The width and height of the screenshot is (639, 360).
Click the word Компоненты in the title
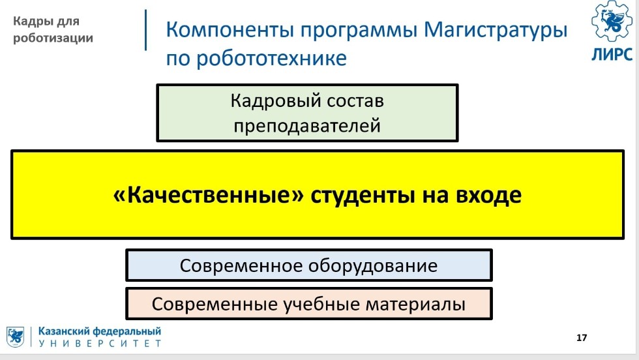tap(230, 30)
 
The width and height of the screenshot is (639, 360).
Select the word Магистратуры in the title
tap(496, 31)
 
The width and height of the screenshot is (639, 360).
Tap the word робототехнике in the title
tap(271, 58)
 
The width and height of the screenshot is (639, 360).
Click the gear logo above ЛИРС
tap(612, 20)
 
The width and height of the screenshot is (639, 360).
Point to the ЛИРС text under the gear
tap(612, 54)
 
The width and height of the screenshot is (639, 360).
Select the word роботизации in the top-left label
tap(53, 38)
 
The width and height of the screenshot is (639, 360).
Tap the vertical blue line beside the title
tap(146, 30)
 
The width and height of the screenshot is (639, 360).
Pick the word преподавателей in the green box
tap(307, 126)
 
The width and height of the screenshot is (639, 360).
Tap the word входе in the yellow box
tap(488, 196)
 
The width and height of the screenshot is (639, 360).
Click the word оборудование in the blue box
tap(373, 266)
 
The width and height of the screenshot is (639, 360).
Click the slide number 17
tap(582, 338)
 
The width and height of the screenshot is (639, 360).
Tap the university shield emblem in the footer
tap(15, 337)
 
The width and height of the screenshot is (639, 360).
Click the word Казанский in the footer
tap(64, 331)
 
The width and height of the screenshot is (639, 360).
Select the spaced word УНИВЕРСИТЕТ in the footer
tap(100, 344)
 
